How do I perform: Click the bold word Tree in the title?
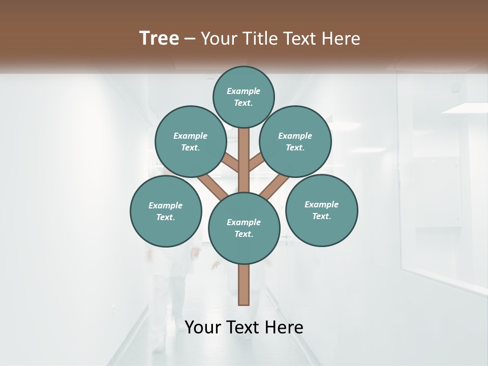[x=159, y=38]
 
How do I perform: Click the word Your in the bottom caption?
[x=203, y=327]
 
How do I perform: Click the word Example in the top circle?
[x=243, y=91]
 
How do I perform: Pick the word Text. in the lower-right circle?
[x=321, y=216]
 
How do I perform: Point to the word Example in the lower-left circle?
[x=166, y=205]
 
